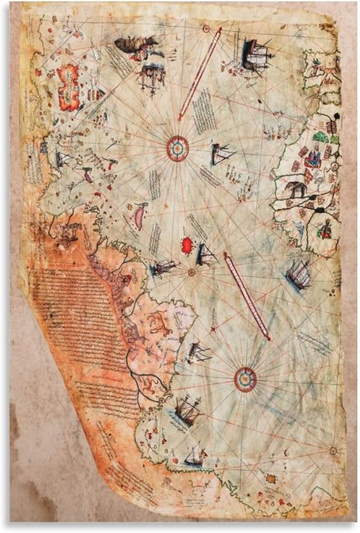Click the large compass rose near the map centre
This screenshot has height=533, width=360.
[x=178, y=148]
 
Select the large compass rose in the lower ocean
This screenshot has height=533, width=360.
[x=245, y=379]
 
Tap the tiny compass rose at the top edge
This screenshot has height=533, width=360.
[x=206, y=28]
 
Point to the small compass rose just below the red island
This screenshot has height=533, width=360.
[x=191, y=272]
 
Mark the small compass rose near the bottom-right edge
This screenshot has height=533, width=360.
[x=333, y=450]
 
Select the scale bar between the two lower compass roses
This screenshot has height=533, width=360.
[x=247, y=295]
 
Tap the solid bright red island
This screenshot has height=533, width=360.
[x=187, y=245]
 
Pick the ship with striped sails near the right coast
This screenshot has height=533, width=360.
[x=297, y=274]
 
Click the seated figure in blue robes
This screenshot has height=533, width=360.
[x=325, y=229]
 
